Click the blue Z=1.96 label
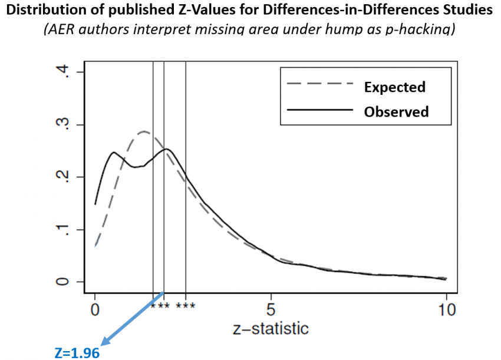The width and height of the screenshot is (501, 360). [75, 352]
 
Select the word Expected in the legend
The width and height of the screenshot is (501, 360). [394, 87]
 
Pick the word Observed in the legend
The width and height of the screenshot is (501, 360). [396, 111]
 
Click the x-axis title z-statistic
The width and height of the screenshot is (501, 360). [270, 328]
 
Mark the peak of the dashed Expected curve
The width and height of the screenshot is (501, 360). [144, 131]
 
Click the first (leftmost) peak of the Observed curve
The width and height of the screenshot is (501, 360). [114, 153]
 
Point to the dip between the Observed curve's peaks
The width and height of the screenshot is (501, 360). [136, 167]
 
